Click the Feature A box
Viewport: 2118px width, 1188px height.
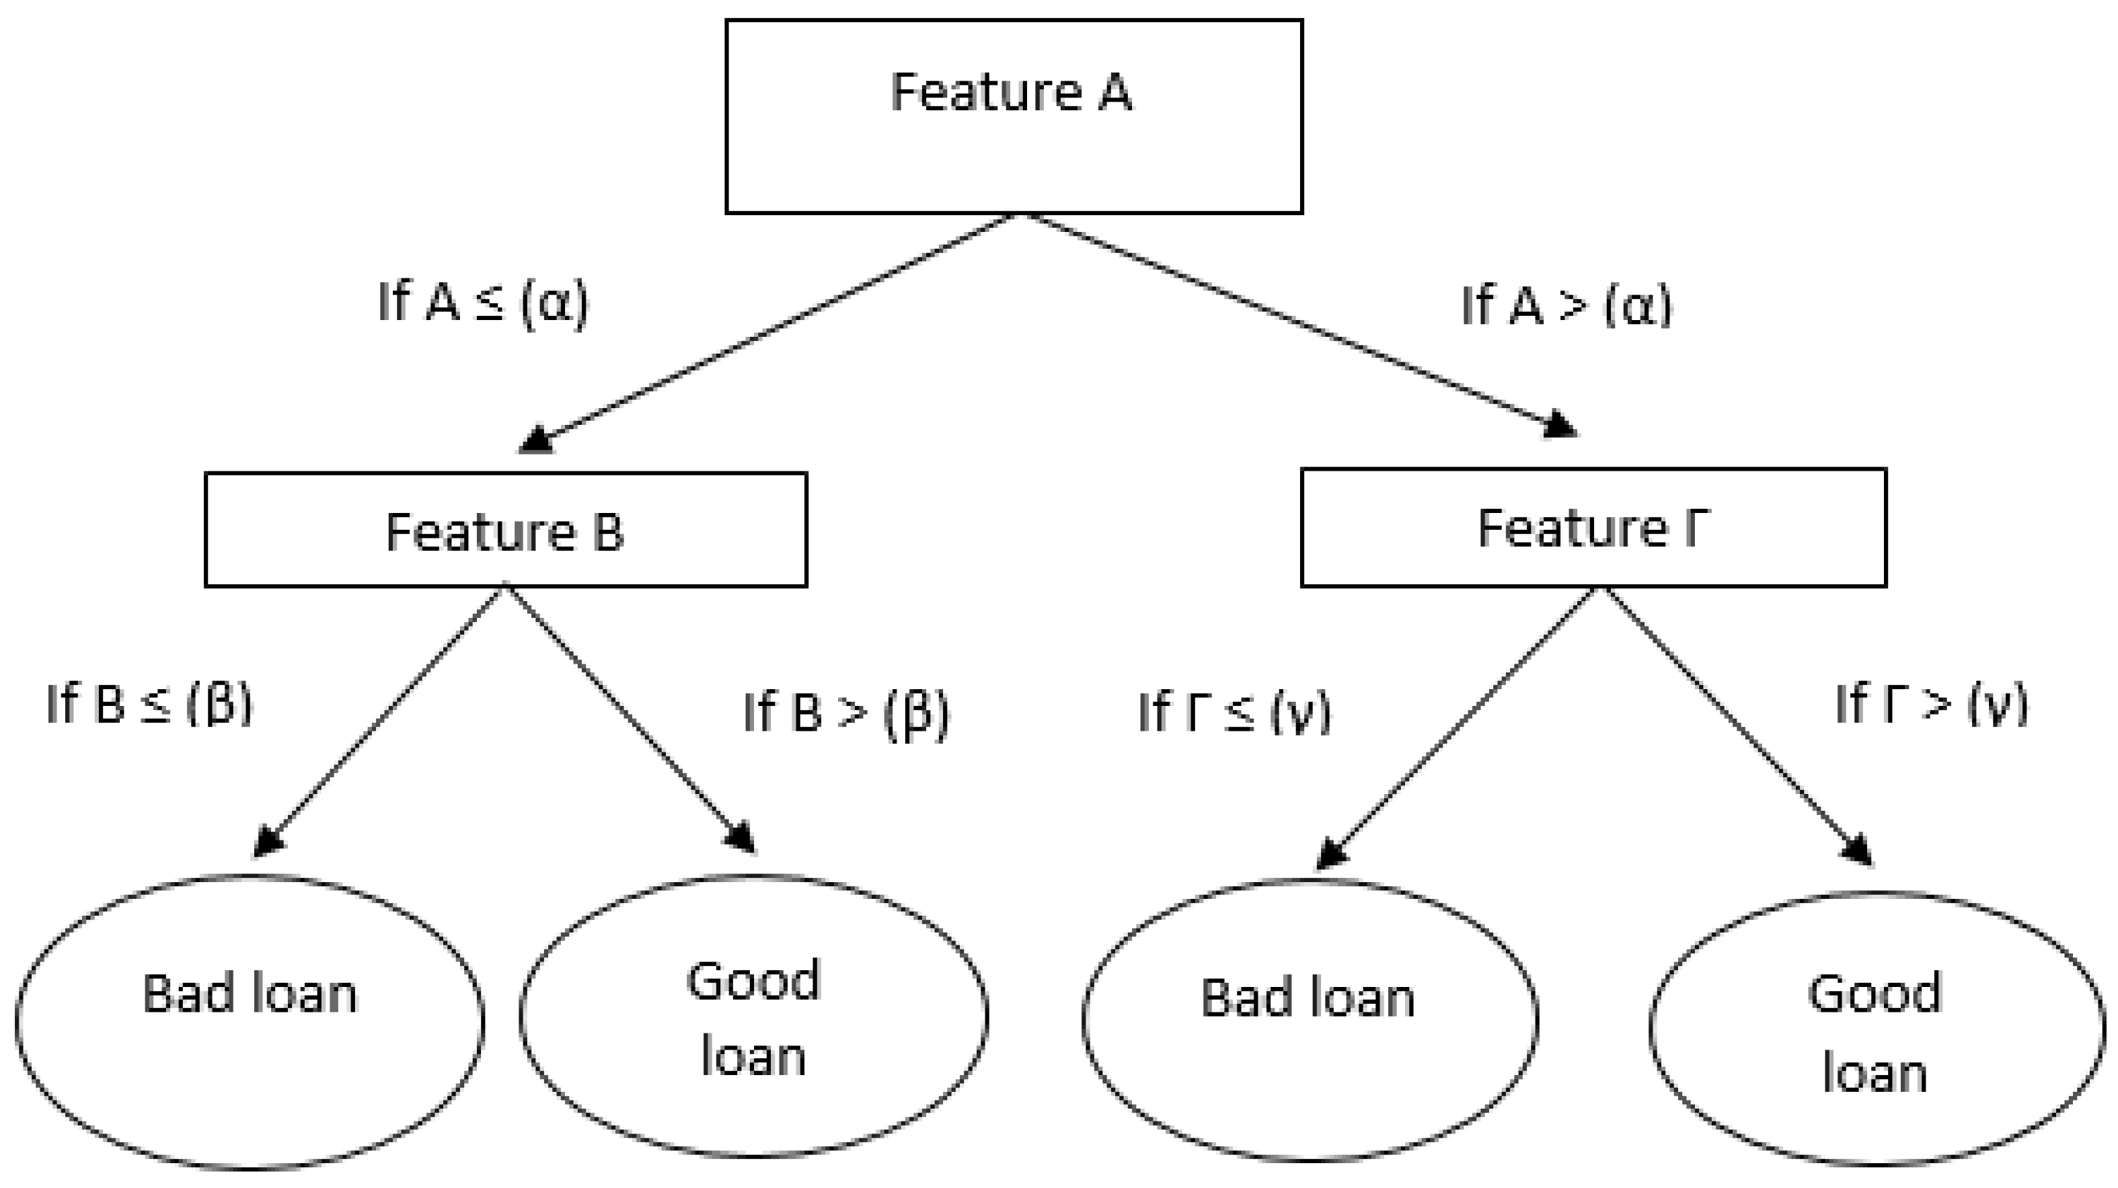click(x=1013, y=117)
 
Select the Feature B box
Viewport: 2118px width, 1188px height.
click(x=506, y=530)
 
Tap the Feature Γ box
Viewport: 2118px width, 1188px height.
click(x=1593, y=527)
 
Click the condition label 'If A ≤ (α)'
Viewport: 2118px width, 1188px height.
click(x=483, y=303)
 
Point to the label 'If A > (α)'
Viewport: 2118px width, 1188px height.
click(x=1566, y=306)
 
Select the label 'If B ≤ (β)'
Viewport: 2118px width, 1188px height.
click(x=149, y=705)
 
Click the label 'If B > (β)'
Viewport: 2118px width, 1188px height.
click(x=846, y=712)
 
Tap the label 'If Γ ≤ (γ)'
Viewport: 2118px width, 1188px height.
click(x=1234, y=712)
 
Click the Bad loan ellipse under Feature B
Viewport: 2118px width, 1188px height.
click(x=249, y=1021)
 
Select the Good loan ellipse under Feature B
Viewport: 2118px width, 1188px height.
click(x=753, y=1016)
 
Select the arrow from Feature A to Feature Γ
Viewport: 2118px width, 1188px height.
click(x=1291, y=321)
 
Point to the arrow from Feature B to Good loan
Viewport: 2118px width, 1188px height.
click(x=629, y=719)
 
